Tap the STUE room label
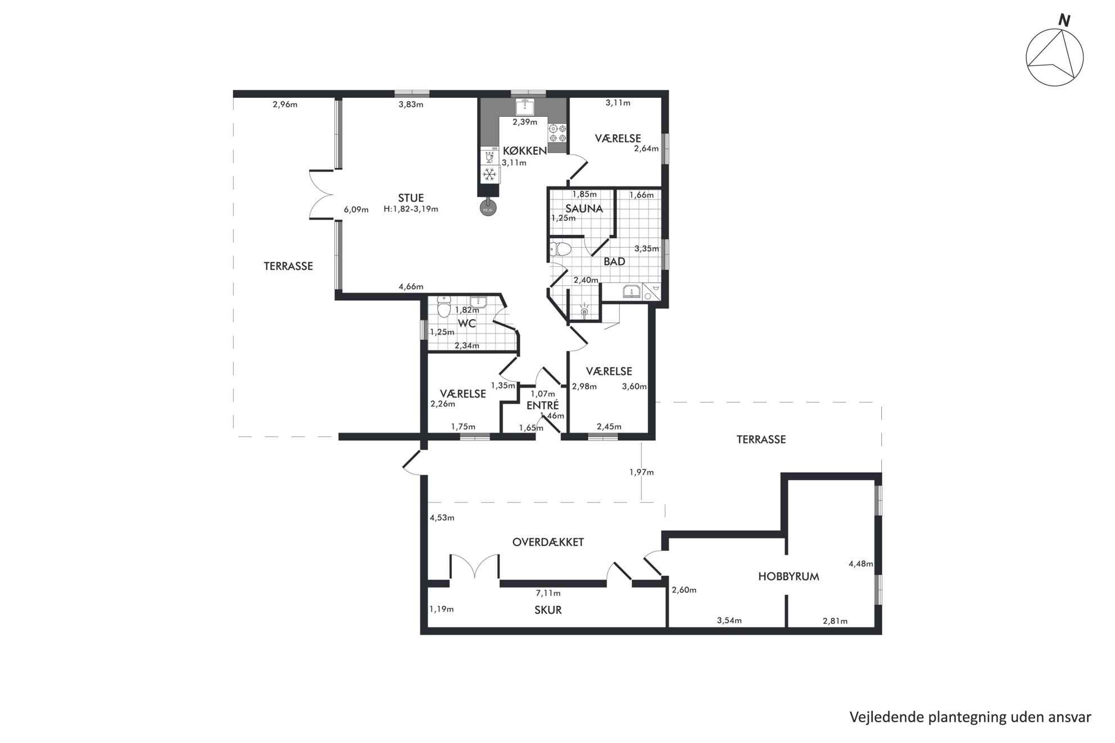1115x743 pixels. point(411,198)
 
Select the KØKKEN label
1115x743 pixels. point(524,151)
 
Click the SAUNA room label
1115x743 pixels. point(584,209)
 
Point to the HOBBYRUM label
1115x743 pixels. point(788,576)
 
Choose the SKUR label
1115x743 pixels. point(548,610)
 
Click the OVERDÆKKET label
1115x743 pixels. point(548,542)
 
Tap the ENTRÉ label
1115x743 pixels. point(542,405)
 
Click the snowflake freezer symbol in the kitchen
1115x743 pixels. point(490,174)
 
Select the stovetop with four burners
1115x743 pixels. point(557,133)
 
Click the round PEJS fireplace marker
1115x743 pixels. point(488,209)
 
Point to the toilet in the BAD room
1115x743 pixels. point(560,248)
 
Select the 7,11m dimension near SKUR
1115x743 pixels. point(548,593)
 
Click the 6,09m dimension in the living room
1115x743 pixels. point(356,209)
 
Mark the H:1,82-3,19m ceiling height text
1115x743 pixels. point(411,209)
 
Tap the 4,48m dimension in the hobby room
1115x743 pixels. point(861,564)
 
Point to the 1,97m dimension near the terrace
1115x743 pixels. point(642,472)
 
